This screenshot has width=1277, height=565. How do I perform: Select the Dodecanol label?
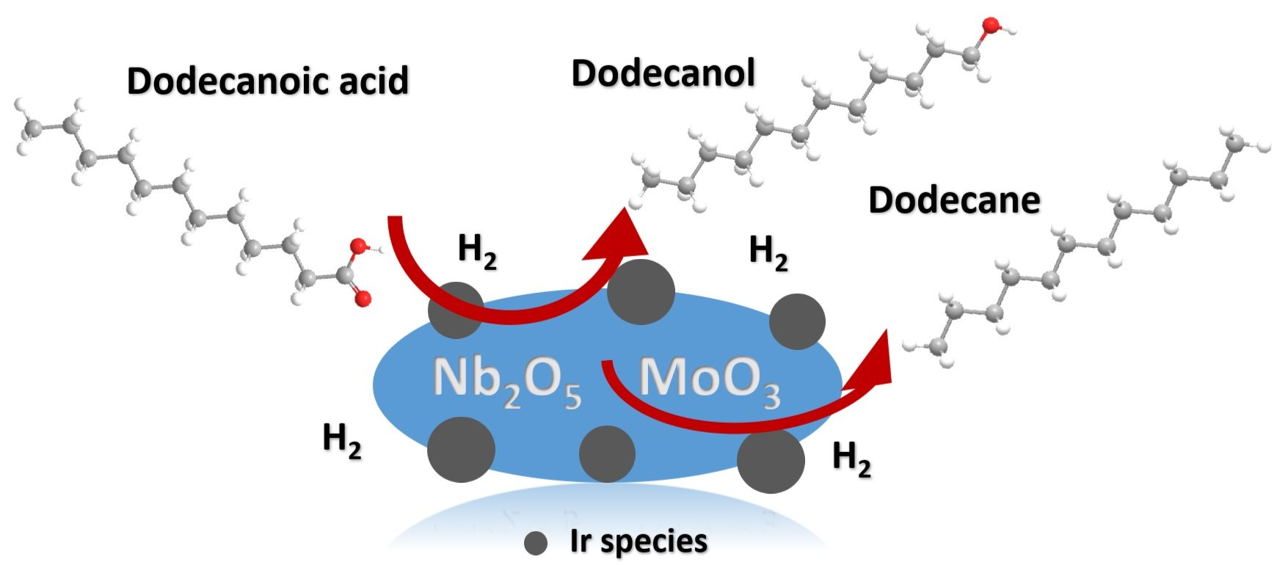pos(663,73)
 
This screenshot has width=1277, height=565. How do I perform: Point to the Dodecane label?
pos(954,200)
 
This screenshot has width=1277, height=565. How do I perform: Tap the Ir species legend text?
pos(638,542)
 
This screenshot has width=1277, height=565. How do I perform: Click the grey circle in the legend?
pos(536,543)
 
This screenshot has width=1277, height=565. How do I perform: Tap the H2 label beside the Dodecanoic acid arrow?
pos(477,250)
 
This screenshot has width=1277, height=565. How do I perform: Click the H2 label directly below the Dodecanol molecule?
pos(768,253)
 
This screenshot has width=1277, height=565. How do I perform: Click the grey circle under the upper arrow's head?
pos(641,292)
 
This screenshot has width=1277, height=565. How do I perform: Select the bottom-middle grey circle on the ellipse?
pos(607,454)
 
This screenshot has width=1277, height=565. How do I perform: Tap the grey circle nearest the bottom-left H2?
pos(461,449)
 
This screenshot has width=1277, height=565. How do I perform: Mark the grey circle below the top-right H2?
pos(797,321)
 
